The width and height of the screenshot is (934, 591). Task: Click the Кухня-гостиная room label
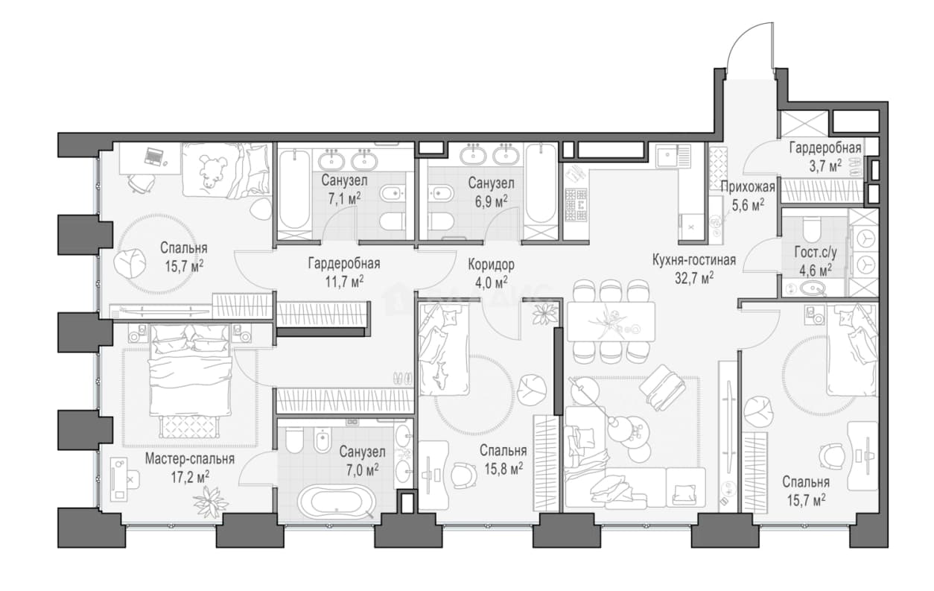point(694,260)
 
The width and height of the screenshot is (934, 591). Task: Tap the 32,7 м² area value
point(694,278)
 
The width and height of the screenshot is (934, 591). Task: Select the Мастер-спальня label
point(190,459)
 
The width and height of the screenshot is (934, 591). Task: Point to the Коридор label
point(491,265)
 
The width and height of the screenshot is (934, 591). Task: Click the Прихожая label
point(748,187)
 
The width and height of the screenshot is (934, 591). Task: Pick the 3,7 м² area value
point(825,166)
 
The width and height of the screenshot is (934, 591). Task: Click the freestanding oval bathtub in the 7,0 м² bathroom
point(337,502)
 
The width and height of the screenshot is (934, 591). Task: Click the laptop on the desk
point(153,157)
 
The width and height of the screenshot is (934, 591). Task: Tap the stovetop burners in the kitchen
point(576,205)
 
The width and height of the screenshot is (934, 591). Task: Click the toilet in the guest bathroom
point(810,230)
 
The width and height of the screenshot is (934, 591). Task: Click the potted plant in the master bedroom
point(211,502)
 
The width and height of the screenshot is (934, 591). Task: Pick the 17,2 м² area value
point(190,477)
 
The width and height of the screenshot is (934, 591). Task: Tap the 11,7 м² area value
point(344,282)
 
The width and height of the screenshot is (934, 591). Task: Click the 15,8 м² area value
point(503,469)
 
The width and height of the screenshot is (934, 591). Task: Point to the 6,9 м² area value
point(491,201)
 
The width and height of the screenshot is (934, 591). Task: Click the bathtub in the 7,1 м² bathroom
point(294,190)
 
